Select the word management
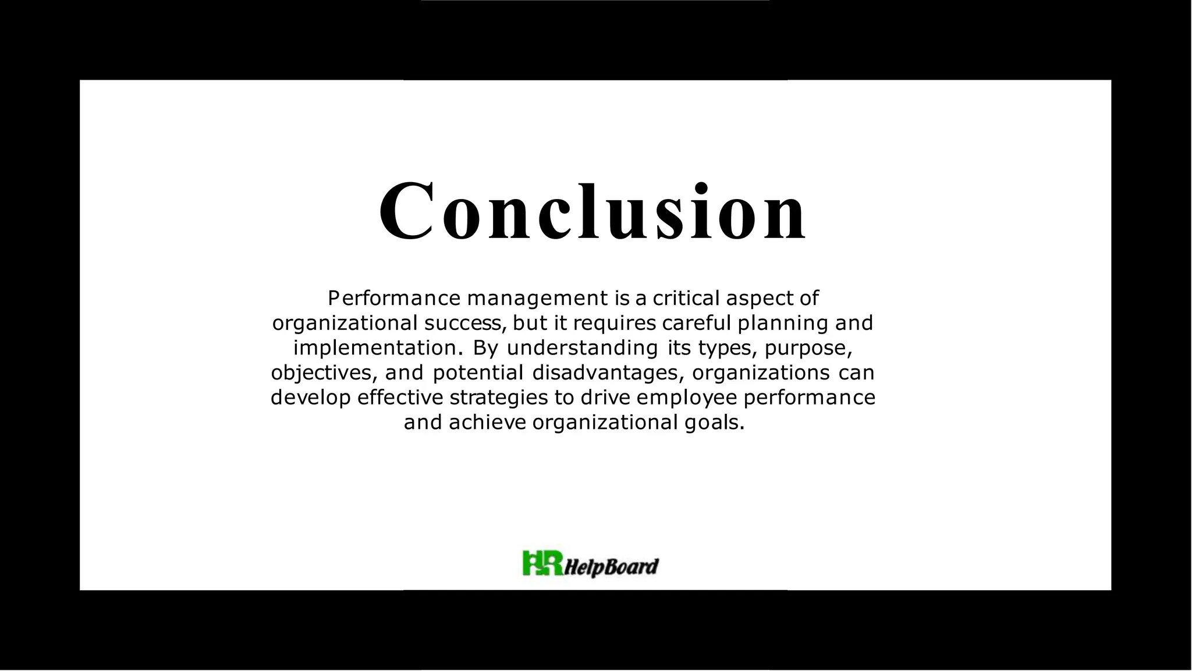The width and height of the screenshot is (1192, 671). click(x=537, y=299)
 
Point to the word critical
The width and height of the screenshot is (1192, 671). click(x=686, y=299)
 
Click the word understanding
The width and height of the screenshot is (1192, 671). click(x=582, y=348)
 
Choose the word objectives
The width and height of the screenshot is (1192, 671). click(x=320, y=372)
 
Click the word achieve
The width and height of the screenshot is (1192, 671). click(x=487, y=423)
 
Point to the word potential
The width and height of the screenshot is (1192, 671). click(x=478, y=372)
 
